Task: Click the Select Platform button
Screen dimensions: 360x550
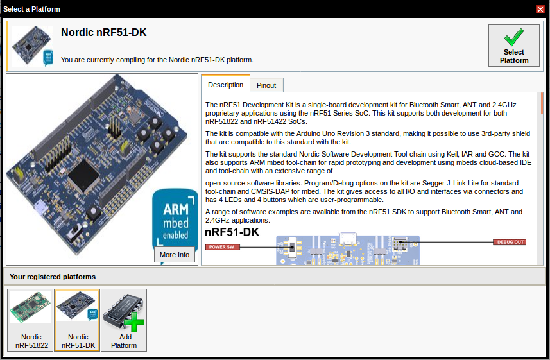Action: pos(513,46)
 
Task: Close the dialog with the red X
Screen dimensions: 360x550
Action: pos(540,9)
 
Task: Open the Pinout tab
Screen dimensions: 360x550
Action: pos(266,85)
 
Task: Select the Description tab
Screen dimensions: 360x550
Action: pos(225,85)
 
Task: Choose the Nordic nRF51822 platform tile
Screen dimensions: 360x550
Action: pos(31,320)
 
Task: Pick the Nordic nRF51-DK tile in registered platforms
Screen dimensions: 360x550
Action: pos(77,320)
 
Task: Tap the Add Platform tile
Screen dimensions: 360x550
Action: pos(124,320)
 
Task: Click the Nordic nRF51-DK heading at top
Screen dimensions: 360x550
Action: pos(103,32)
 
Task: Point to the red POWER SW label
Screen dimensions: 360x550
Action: pos(222,246)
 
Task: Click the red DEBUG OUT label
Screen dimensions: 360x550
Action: pos(510,242)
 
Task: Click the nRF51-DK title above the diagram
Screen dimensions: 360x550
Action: pos(232,232)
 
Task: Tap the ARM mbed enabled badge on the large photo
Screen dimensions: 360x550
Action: pos(175,218)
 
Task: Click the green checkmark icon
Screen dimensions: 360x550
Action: pos(513,37)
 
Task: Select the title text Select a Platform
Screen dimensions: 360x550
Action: pos(33,9)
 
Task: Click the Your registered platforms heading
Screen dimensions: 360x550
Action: pos(53,277)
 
